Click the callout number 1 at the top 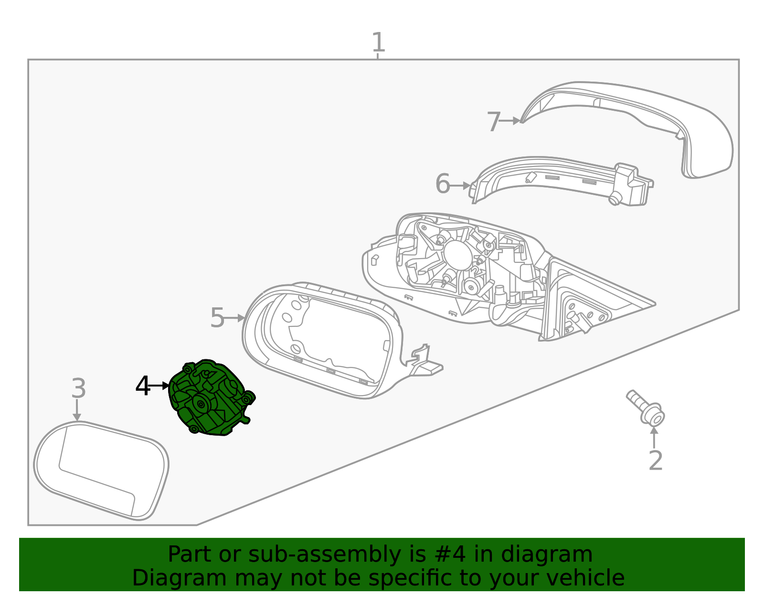[x=378, y=42]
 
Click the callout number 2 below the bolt [x=656, y=460]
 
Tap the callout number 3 [x=78, y=388]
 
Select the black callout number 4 [x=143, y=386]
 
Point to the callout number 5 [x=217, y=318]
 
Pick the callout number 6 [x=443, y=184]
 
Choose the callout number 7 [x=494, y=122]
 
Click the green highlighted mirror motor [x=210, y=398]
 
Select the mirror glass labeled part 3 [x=100, y=470]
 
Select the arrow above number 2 [x=654, y=437]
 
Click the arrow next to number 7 [x=510, y=121]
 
